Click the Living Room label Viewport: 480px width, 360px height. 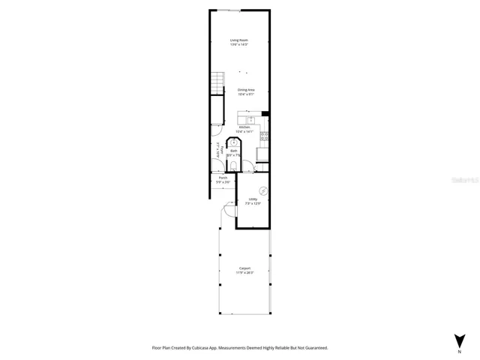pyautogui.click(x=239, y=40)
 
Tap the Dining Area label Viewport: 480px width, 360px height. pyautogui.click(x=246, y=90)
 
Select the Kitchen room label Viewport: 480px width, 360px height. pyautogui.click(x=244, y=127)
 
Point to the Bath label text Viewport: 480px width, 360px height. pyautogui.click(x=234, y=151)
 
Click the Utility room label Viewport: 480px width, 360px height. pyautogui.click(x=253, y=199)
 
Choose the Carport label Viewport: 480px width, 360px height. pyautogui.click(x=244, y=268)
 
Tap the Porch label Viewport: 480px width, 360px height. pyautogui.click(x=223, y=178)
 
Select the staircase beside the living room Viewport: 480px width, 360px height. pyautogui.click(x=217, y=80)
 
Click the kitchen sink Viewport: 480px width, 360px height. pyautogui.click(x=252, y=118)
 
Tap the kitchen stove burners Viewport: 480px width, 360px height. pyautogui.click(x=265, y=136)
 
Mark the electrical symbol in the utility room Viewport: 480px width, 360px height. pyautogui.click(x=262, y=190)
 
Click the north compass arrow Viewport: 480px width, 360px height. pyautogui.click(x=459, y=340)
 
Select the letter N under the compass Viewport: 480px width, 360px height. pyautogui.click(x=459, y=351)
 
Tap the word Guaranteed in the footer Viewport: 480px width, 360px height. pyautogui.click(x=312, y=348)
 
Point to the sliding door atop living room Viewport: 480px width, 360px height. pyautogui.click(x=229, y=10)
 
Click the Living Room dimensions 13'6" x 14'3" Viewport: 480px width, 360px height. pyautogui.click(x=239, y=45)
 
